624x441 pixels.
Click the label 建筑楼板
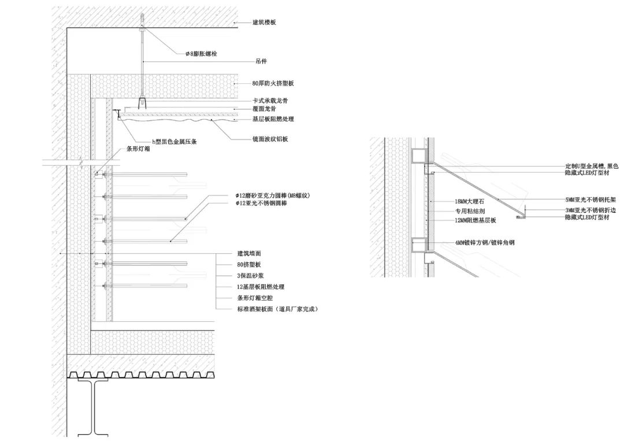click(x=264, y=23)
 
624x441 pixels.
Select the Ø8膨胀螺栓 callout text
click(x=201, y=54)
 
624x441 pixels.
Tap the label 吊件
click(x=261, y=60)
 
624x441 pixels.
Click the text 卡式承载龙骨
click(x=270, y=101)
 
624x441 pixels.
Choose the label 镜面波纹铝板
click(x=270, y=139)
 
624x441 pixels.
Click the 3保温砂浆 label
click(x=250, y=276)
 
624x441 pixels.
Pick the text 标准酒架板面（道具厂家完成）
click(x=277, y=309)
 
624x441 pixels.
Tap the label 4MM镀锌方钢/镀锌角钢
click(x=485, y=243)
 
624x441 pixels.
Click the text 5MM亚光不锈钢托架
click(x=592, y=200)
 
